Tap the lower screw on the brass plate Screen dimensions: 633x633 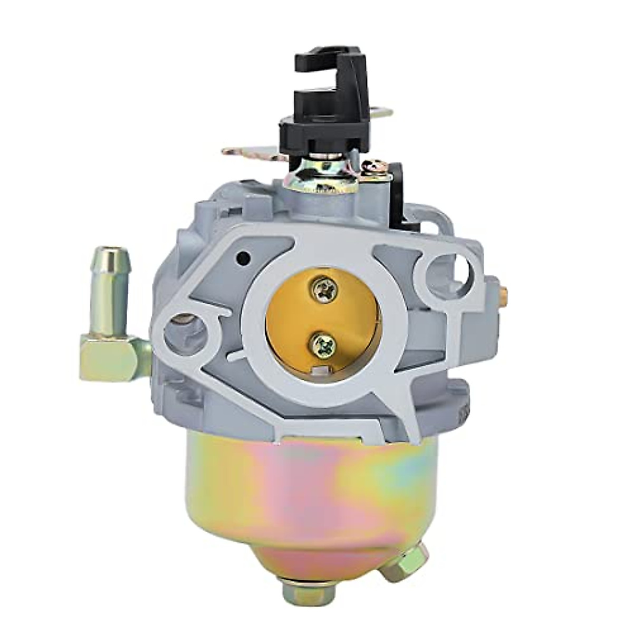pyautogui.click(x=320, y=346)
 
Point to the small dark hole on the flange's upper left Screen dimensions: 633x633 pyautogui.click(x=243, y=258)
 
